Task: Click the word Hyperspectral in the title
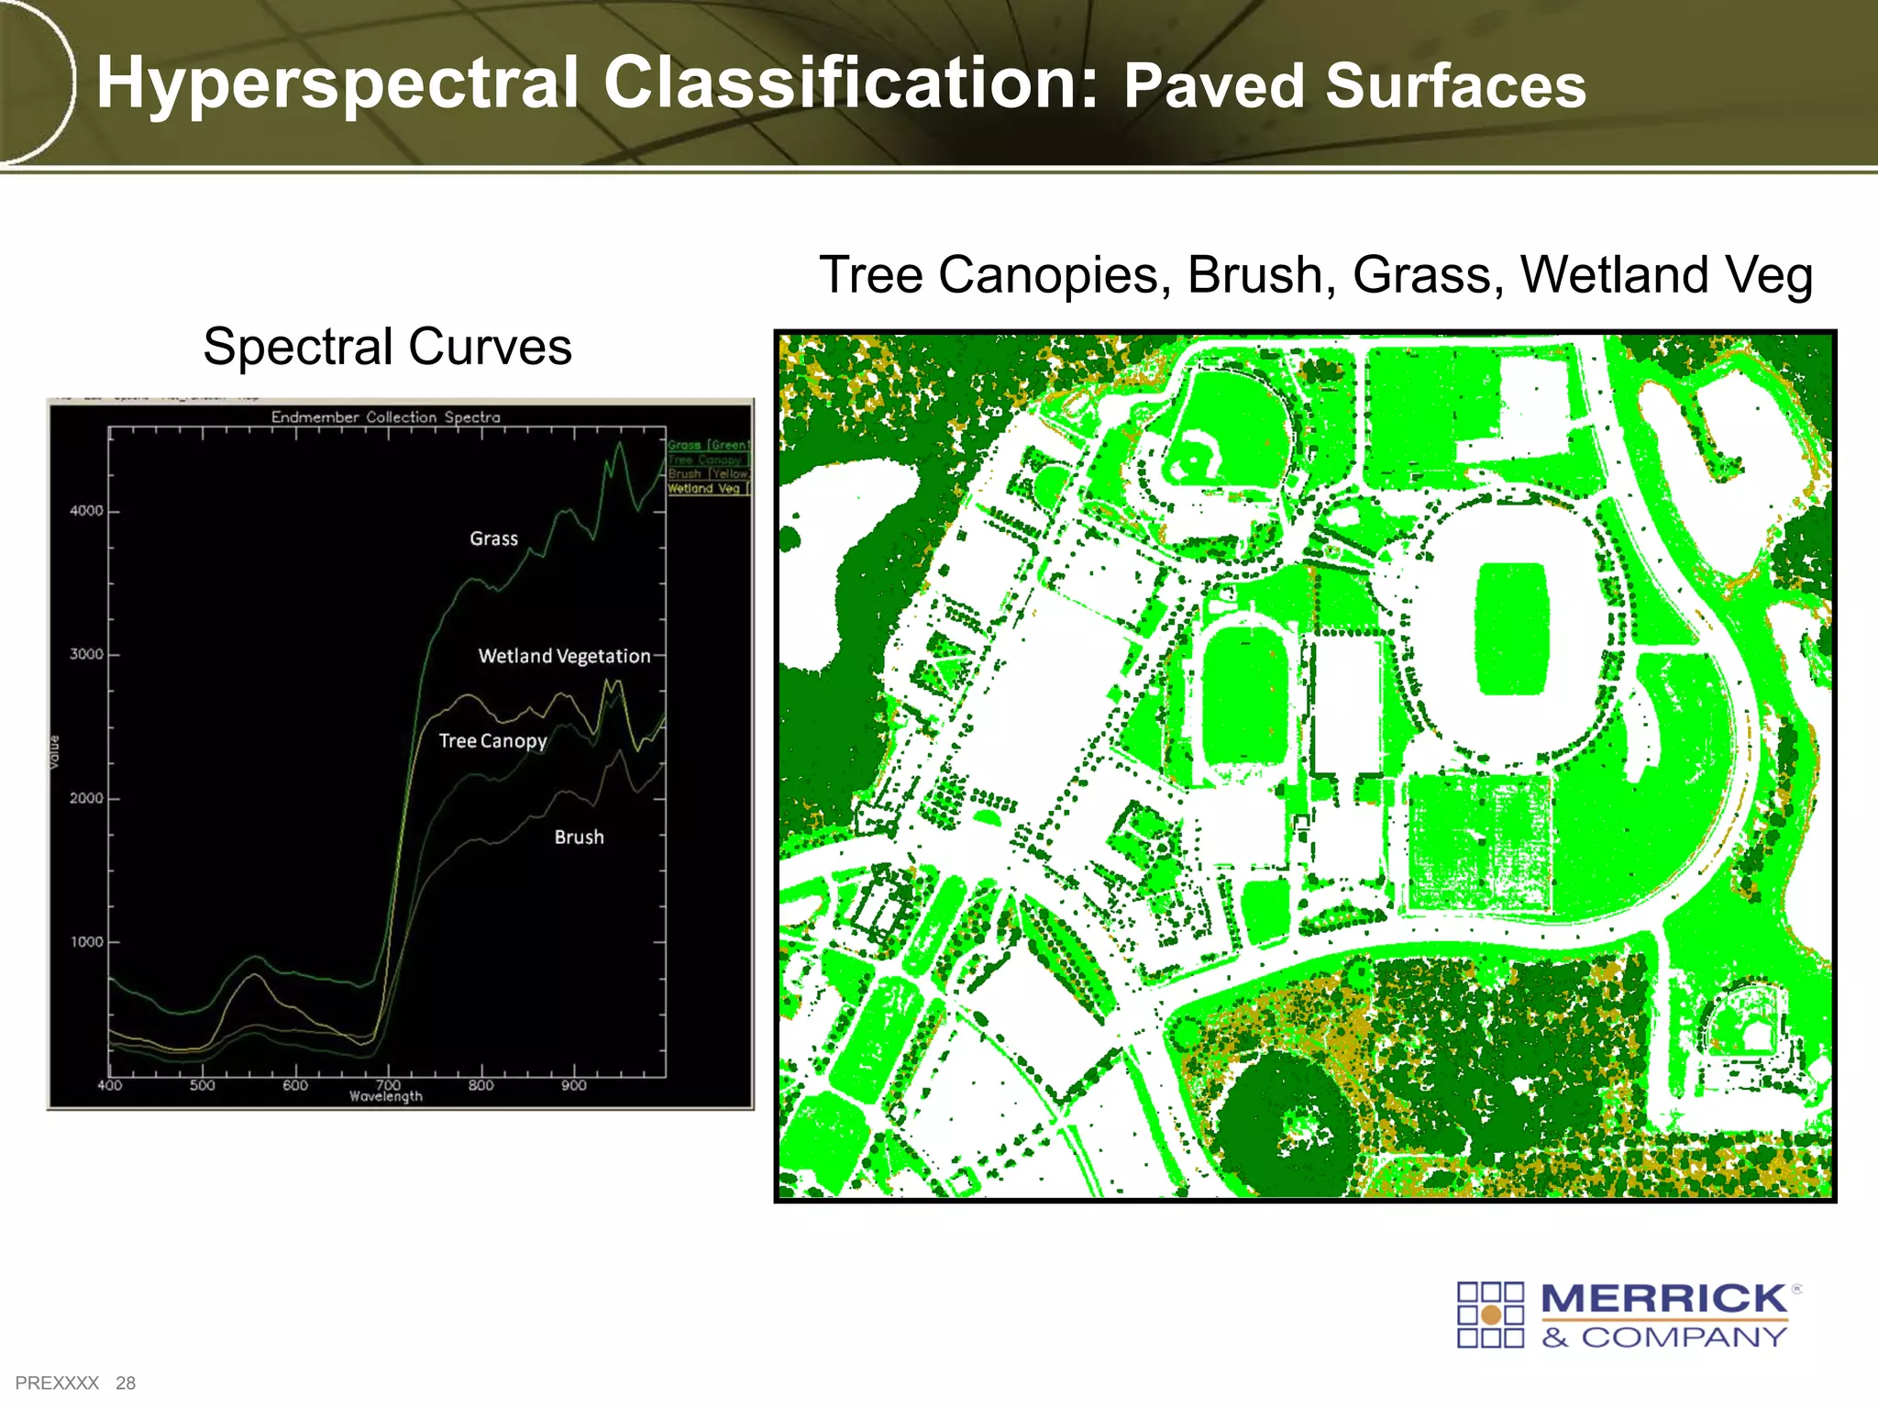pos(337,84)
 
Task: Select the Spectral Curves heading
pos(387,347)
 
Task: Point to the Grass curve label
pos(493,539)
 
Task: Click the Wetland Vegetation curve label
pos(564,657)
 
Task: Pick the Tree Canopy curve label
pos(492,741)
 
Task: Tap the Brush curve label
pos(579,838)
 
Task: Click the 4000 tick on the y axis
pos(87,511)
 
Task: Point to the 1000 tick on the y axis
pos(87,942)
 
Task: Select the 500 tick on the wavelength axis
pos(203,1086)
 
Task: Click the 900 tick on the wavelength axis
pos(574,1086)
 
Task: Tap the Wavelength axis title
pos(386,1097)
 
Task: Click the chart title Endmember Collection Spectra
pos(386,417)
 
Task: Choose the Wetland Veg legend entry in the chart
pos(706,489)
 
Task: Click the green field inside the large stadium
pos(1512,629)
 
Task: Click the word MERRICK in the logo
pos(1664,1300)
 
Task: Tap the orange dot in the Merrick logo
pos(1491,1316)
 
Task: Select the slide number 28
pos(126,1383)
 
